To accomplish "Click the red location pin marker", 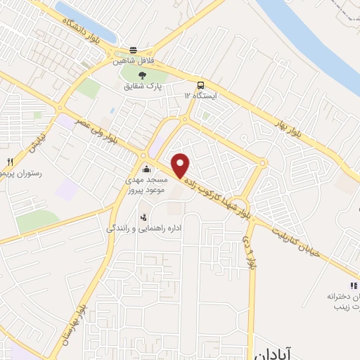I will coord(181,165).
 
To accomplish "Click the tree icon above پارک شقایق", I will coord(143,75).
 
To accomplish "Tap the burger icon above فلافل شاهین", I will coord(133,50).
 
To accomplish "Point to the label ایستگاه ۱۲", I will coord(202,94).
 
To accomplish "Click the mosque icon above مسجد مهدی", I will coord(146,168).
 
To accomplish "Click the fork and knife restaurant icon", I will coord(9,161).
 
